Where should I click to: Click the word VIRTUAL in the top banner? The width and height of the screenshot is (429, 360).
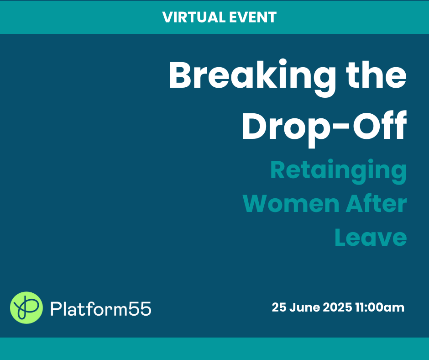[194, 17]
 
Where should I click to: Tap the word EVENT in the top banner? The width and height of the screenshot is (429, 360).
[252, 17]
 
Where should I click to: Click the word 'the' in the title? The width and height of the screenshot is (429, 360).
[376, 74]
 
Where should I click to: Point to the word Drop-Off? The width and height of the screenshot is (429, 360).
[324, 126]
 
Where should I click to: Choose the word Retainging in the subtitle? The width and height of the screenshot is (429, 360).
[339, 171]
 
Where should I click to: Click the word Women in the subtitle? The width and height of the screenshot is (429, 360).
[291, 204]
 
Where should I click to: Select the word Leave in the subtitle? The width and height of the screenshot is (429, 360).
[371, 237]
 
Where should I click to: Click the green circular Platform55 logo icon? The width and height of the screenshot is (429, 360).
[26, 307]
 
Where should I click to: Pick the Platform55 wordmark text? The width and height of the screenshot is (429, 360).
[101, 309]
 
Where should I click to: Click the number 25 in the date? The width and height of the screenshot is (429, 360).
[279, 307]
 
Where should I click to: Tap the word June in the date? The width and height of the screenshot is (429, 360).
[304, 307]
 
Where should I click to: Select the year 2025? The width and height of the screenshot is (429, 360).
[337, 307]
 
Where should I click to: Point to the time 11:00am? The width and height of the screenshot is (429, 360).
[380, 307]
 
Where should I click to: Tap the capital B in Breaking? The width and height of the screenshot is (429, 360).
[180, 74]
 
